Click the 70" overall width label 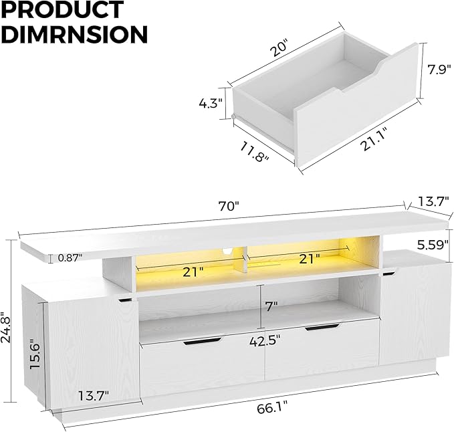228,207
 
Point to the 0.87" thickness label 70,257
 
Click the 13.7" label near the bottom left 92,395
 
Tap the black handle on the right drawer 322,327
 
